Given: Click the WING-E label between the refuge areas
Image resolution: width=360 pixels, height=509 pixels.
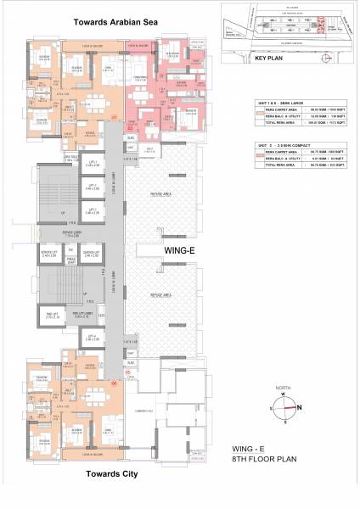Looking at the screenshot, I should click(180, 250).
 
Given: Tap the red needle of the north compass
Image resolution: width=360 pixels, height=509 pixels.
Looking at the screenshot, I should click(293, 406).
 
